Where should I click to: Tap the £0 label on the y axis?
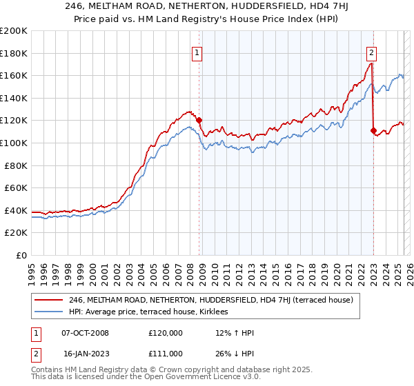(22, 255)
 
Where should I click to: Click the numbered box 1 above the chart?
(197, 52)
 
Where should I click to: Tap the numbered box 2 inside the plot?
(371, 52)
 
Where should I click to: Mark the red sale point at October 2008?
(199, 120)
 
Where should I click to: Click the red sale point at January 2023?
(373, 130)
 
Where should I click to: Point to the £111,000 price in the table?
(165, 353)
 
